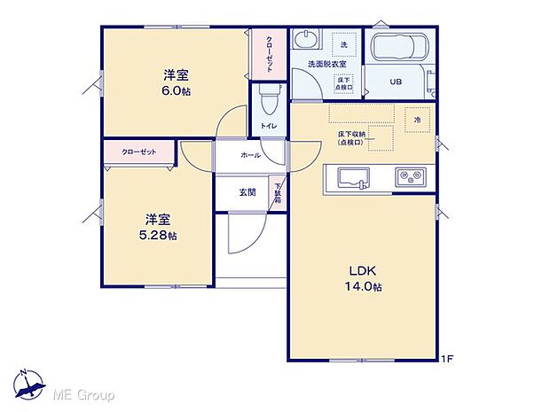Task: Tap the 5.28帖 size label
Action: point(161,236)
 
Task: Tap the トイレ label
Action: point(269,127)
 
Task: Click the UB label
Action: point(396,82)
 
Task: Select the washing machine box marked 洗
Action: point(343,44)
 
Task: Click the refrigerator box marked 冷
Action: point(415,120)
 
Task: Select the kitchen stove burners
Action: point(411,176)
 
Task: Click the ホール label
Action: point(249,155)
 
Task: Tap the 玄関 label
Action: point(247,192)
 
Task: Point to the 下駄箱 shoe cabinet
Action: point(277,194)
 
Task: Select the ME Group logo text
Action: point(85,393)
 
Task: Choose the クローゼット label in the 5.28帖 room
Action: point(139,152)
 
